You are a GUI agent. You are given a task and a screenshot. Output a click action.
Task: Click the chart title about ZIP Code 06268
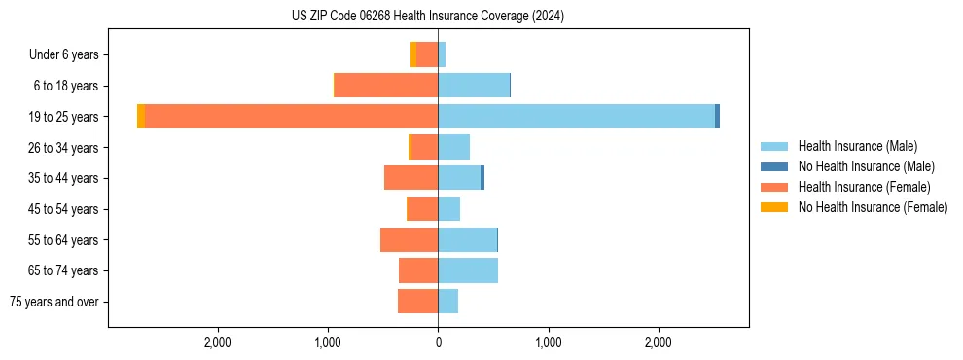point(428,17)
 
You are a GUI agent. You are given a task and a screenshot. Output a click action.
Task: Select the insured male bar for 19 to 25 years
point(576,117)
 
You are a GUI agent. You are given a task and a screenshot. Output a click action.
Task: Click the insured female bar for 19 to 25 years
point(291,117)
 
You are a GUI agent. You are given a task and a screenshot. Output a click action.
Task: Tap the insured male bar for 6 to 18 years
point(474,86)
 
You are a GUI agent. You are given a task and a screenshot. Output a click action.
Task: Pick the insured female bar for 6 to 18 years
point(386,86)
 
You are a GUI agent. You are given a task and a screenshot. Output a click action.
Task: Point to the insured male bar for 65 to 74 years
point(468,270)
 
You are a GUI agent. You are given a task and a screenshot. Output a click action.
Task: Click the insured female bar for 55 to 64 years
point(410,240)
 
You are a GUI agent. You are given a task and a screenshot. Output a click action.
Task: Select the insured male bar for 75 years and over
point(448,302)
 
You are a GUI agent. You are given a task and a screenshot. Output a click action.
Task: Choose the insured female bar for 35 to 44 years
point(411,178)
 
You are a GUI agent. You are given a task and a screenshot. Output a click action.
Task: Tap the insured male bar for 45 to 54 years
point(449,209)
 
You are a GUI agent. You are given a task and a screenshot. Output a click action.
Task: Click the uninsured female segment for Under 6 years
point(413,54)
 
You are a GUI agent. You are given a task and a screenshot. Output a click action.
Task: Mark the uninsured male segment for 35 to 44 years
point(482,178)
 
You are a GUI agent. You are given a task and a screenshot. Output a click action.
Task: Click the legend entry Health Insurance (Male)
point(857,146)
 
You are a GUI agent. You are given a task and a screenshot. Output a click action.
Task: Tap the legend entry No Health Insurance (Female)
point(872,207)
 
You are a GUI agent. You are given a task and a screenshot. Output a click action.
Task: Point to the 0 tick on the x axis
point(438,342)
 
